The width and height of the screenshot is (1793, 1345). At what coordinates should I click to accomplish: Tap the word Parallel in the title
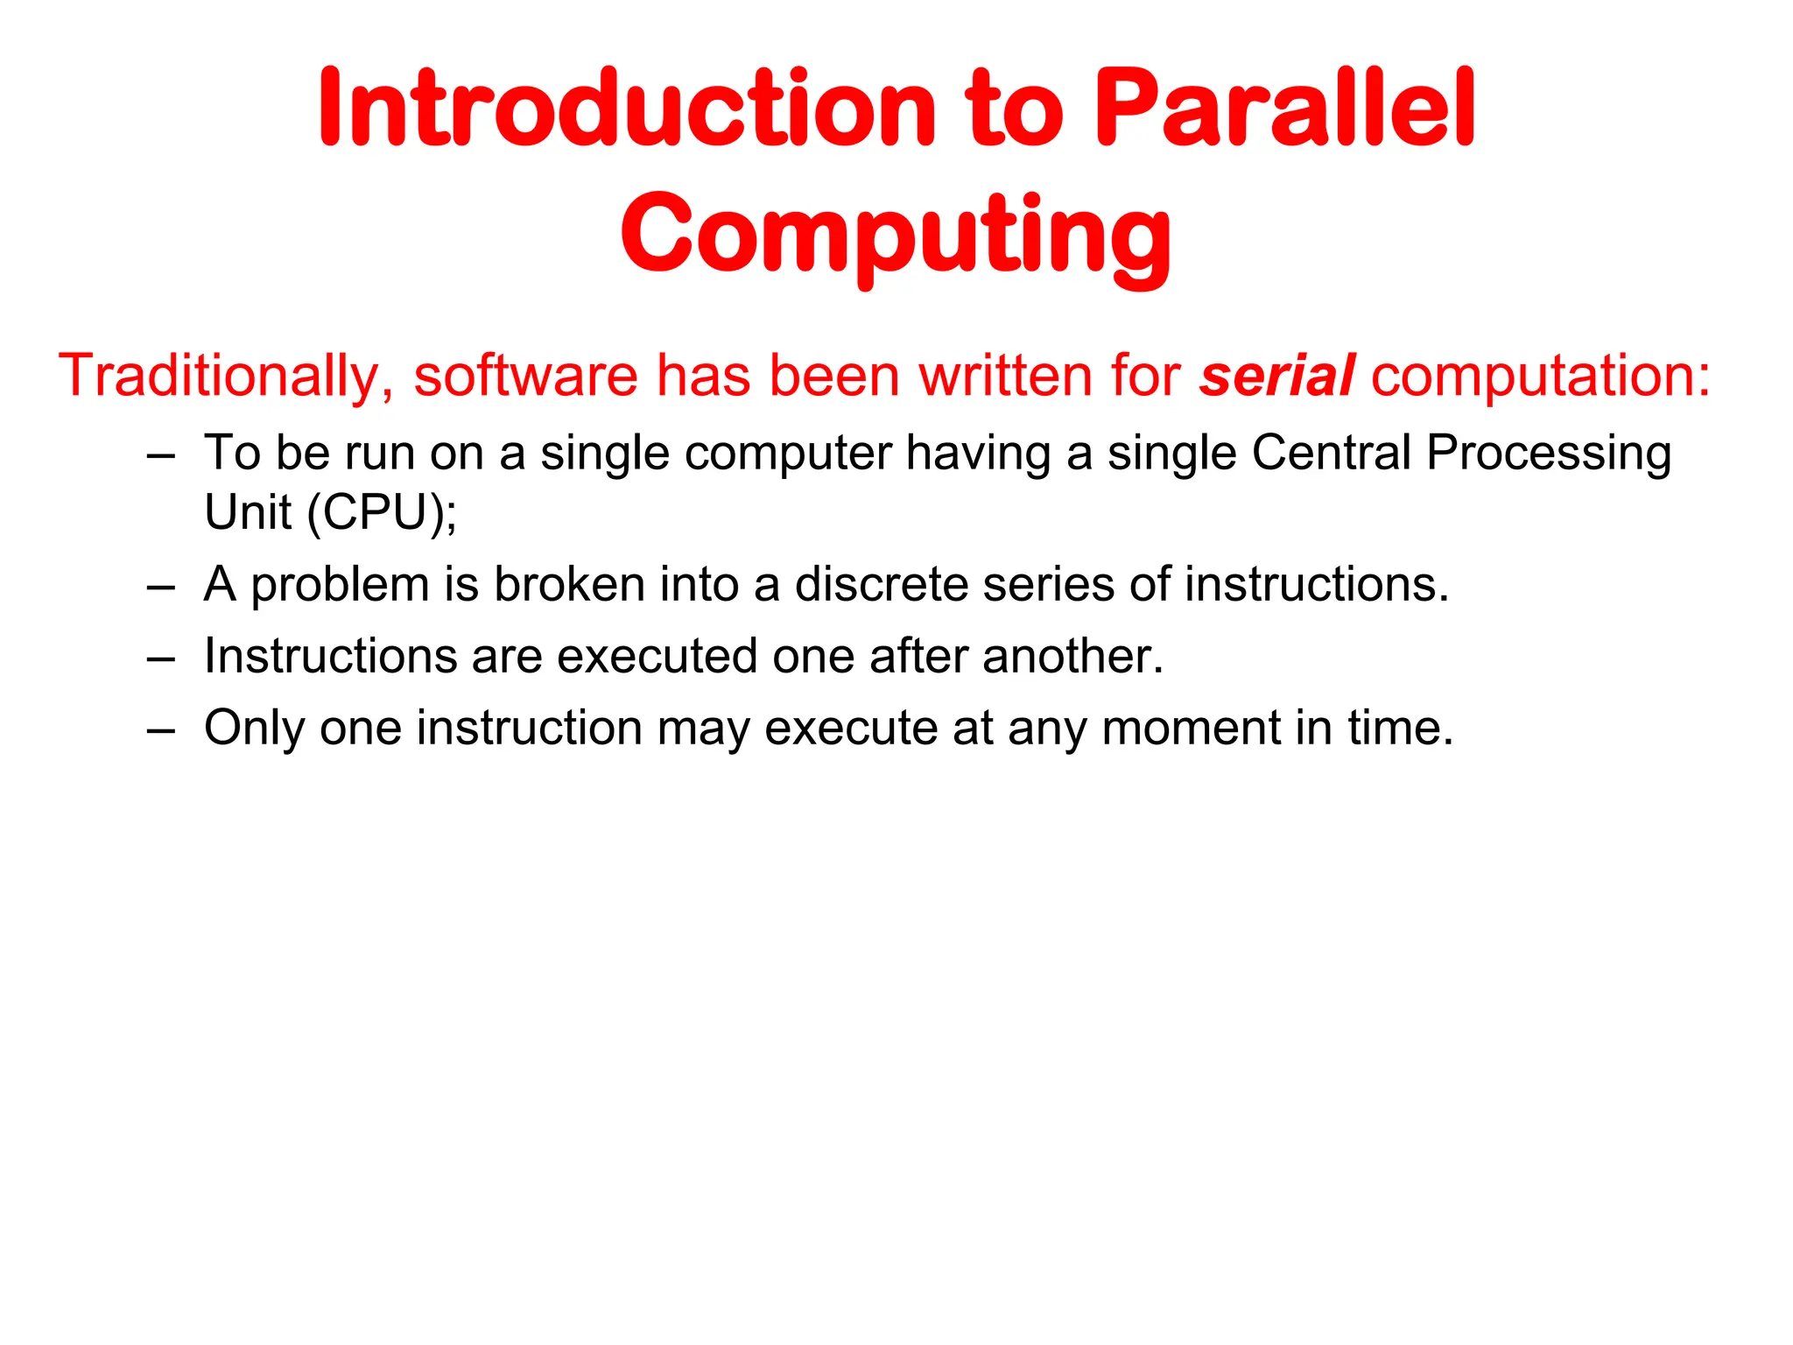tap(1285, 109)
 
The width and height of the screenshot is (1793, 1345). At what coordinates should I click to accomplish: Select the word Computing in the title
tap(896, 235)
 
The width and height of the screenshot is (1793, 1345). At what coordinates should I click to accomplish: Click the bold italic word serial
tap(1277, 376)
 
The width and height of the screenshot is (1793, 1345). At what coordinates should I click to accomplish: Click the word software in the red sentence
tap(525, 376)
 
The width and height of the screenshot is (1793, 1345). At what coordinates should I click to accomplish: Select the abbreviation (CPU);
tap(382, 511)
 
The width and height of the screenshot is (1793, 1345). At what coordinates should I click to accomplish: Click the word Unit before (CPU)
tap(247, 511)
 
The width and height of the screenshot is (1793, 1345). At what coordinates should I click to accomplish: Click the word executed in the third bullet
tap(657, 656)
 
